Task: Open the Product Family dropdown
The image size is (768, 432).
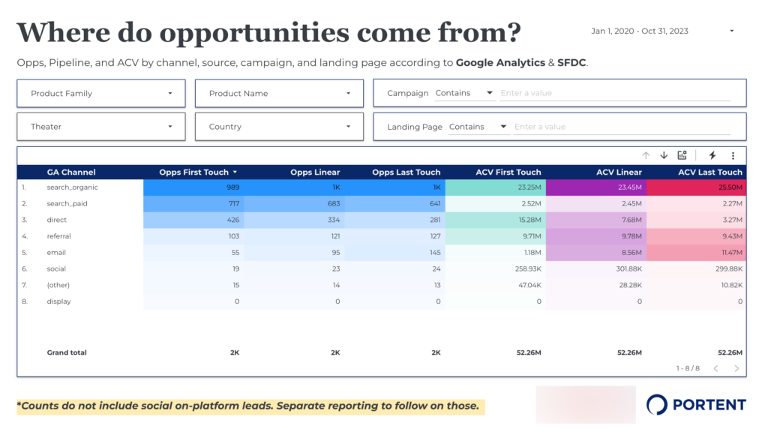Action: tap(100, 94)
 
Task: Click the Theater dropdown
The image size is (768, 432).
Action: tap(100, 127)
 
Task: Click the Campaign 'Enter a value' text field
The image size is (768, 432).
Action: tap(614, 93)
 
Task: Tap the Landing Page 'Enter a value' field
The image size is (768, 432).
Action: tap(621, 127)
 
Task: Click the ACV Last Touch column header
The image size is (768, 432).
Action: tap(709, 172)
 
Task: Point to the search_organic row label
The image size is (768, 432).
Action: tap(72, 187)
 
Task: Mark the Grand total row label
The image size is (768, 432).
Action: tap(67, 352)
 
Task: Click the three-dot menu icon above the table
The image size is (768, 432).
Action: tap(733, 155)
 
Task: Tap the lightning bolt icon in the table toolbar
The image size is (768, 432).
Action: tap(712, 155)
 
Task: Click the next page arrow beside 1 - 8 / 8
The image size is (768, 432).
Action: tap(736, 368)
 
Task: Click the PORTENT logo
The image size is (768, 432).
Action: tap(696, 405)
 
